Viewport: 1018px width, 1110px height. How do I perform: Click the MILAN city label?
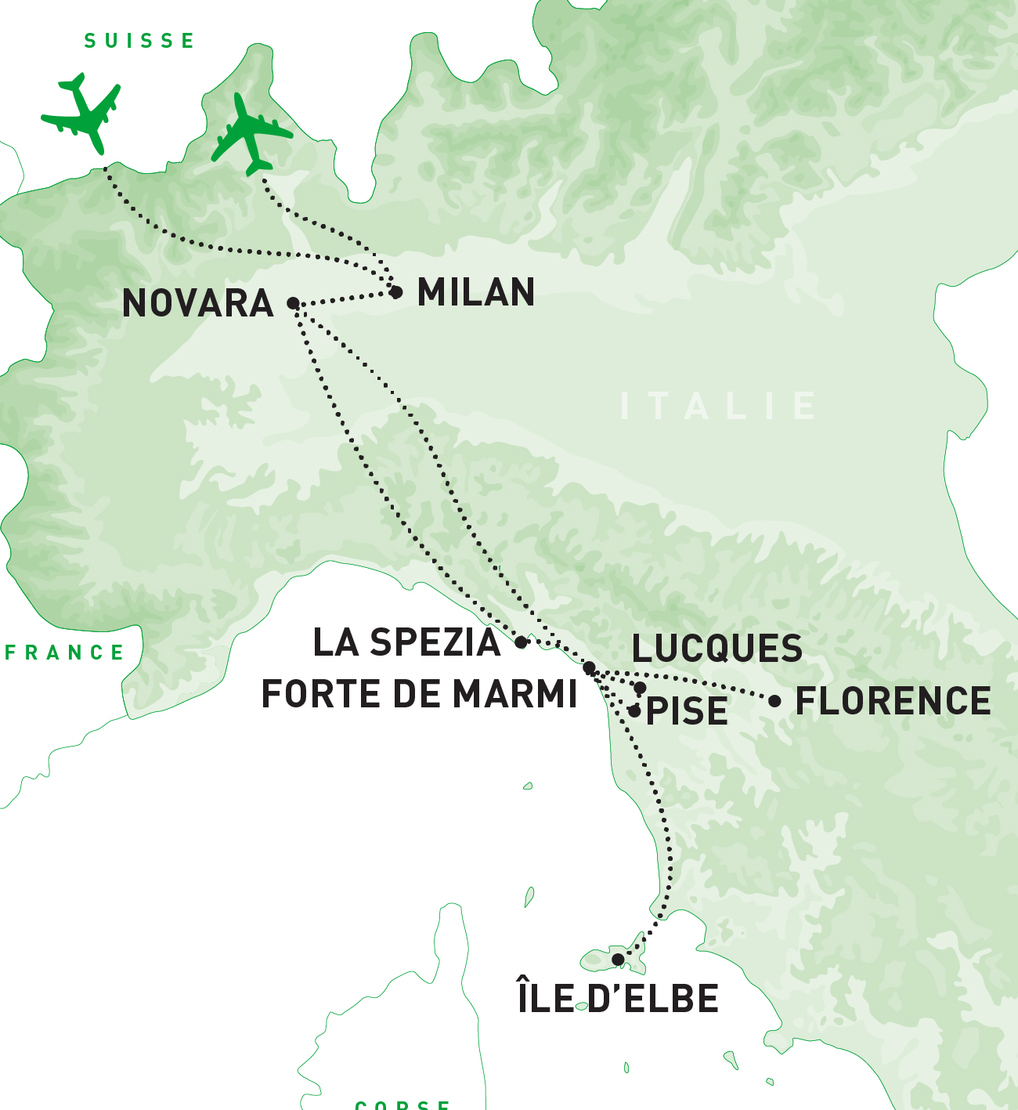point(476,293)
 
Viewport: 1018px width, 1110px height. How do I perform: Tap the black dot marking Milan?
point(396,292)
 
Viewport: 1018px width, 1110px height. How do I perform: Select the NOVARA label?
point(198,304)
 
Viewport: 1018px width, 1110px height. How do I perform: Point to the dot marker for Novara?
point(293,303)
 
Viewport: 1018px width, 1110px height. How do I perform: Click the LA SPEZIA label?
point(406,643)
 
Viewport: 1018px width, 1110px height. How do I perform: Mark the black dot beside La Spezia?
point(522,642)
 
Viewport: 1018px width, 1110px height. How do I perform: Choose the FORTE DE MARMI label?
point(419,694)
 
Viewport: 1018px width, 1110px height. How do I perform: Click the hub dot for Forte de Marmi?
point(590,667)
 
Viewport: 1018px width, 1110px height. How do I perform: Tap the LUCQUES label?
point(717,649)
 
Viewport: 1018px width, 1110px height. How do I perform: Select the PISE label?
point(687,711)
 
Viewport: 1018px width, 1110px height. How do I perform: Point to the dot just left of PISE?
point(634,711)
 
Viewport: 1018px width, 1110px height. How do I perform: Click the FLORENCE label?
point(893,701)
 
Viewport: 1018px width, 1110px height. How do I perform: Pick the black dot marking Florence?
point(774,701)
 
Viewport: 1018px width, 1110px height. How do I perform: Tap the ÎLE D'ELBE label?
point(618,999)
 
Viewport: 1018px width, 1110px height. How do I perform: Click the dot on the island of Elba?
point(618,960)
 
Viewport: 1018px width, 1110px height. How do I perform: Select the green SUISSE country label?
point(139,41)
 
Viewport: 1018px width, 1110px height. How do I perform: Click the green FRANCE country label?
point(65,653)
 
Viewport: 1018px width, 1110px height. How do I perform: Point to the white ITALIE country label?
point(718,407)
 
